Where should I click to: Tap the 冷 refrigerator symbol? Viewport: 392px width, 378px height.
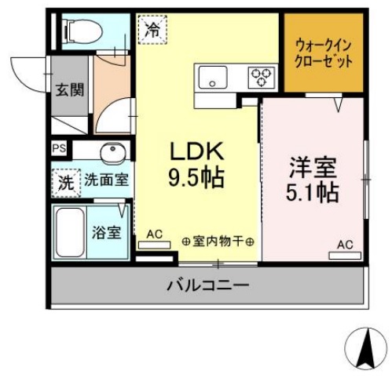(x=152, y=31)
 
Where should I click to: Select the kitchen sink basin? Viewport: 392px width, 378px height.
(x=212, y=78)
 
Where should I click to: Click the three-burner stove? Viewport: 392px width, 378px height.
(x=262, y=77)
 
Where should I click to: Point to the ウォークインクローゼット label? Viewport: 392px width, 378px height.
(x=324, y=53)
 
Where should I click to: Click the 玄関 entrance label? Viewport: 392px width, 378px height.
(x=68, y=89)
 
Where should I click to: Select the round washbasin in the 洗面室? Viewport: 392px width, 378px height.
(x=111, y=151)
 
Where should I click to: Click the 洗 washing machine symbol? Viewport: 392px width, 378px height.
(x=67, y=182)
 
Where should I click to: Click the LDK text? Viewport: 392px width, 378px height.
(x=196, y=151)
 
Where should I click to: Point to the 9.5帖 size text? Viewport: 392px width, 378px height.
(x=196, y=176)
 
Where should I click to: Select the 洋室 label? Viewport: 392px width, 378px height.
(x=313, y=167)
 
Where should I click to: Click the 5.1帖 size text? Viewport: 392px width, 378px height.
(x=313, y=192)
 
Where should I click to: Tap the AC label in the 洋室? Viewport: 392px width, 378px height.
(x=345, y=244)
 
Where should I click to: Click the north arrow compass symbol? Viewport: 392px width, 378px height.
(x=365, y=348)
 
